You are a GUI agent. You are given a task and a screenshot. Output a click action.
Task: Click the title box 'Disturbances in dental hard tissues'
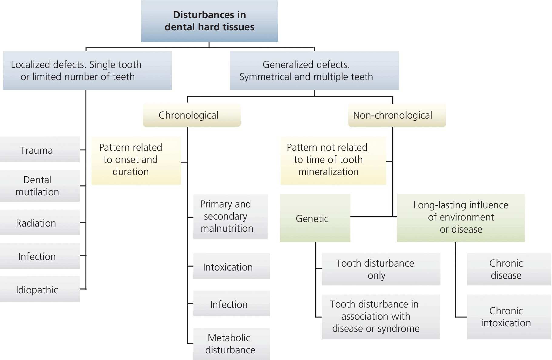(x=209, y=21)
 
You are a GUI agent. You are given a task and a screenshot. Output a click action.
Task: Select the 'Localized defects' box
(x=87, y=70)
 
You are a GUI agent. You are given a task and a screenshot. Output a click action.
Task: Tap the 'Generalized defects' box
(x=314, y=70)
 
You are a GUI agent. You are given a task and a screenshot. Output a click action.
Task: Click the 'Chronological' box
(x=192, y=115)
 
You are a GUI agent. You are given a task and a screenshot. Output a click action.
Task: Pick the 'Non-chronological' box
(x=396, y=115)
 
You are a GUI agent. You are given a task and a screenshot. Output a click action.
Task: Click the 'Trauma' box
(x=40, y=150)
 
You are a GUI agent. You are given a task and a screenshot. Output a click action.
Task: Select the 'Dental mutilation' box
(x=40, y=186)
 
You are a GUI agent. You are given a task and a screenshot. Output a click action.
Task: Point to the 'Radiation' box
(x=40, y=223)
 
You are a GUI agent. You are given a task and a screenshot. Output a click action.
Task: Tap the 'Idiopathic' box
(x=40, y=289)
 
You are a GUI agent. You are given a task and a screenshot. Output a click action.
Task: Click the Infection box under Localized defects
(x=40, y=256)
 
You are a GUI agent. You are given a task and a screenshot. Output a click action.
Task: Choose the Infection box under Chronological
(x=232, y=304)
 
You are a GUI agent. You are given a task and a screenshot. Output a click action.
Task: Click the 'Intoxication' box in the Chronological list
(x=232, y=266)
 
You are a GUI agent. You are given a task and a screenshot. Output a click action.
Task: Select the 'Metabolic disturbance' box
(x=232, y=344)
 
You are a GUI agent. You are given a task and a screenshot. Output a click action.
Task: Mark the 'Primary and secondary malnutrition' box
(x=230, y=217)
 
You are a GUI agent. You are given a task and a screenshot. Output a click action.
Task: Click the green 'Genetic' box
(x=315, y=218)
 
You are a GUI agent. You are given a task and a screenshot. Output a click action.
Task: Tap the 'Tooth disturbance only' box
(x=381, y=269)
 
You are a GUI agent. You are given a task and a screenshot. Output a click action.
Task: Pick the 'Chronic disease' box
(x=508, y=269)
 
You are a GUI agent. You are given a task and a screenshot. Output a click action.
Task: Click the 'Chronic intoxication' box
(x=508, y=317)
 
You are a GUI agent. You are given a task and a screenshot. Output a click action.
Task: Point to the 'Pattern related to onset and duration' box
(x=136, y=160)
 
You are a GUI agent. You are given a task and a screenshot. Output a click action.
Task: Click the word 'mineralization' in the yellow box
(x=328, y=172)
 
